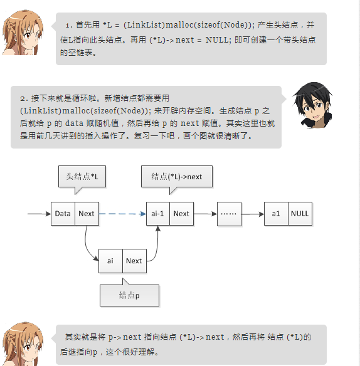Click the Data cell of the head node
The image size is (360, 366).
click(x=63, y=214)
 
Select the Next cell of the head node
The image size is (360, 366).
click(x=87, y=214)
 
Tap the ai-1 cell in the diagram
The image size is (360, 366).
click(x=158, y=214)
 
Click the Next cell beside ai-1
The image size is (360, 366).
click(x=181, y=214)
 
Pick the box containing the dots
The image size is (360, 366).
click(x=229, y=214)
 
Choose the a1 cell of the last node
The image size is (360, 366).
click(x=276, y=214)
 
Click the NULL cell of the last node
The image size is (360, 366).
click(x=300, y=214)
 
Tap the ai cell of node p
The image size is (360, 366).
click(x=110, y=261)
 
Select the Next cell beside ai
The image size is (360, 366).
click(x=134, y=261)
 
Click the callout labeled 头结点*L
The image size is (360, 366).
click(x=82, y=177)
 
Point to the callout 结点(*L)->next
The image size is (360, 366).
click(x=177, y=177)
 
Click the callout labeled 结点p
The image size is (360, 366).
click(x=129, y=295)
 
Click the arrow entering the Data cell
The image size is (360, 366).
click(x=40, y=214)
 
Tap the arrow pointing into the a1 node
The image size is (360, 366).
click(x=253, y=214)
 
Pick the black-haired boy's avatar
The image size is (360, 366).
click(x=313, y=105)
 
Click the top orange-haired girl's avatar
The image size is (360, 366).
click(x=23, y=33)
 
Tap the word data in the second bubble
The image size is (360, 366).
click(x=74, y=123)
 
